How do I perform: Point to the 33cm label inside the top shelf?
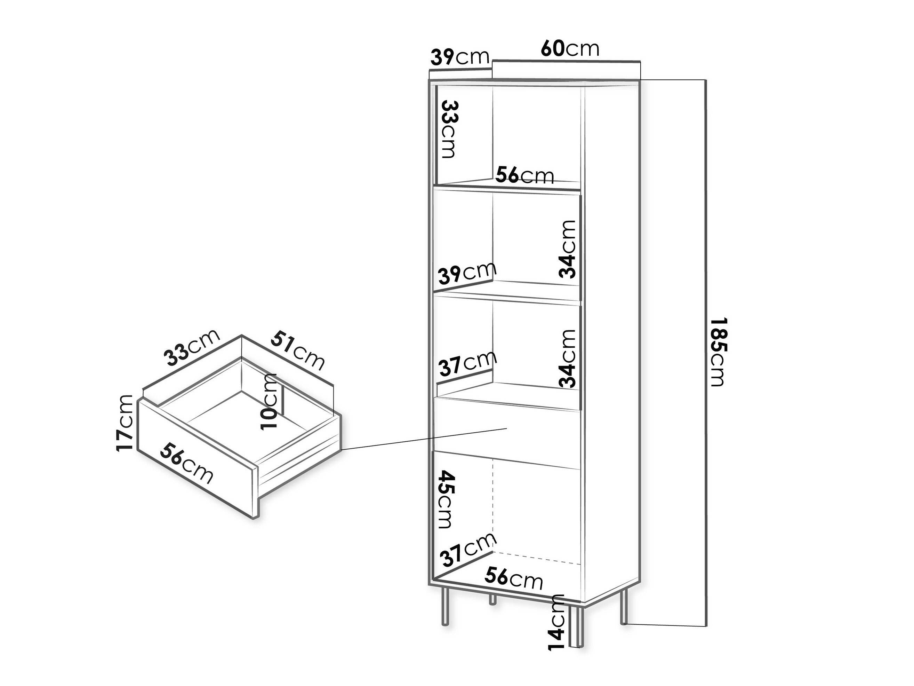tap(449, 129)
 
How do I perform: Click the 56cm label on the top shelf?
tap(525, 175)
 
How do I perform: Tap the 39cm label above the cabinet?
tap(460, 57)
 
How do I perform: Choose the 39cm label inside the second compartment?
tap(467, 273)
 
